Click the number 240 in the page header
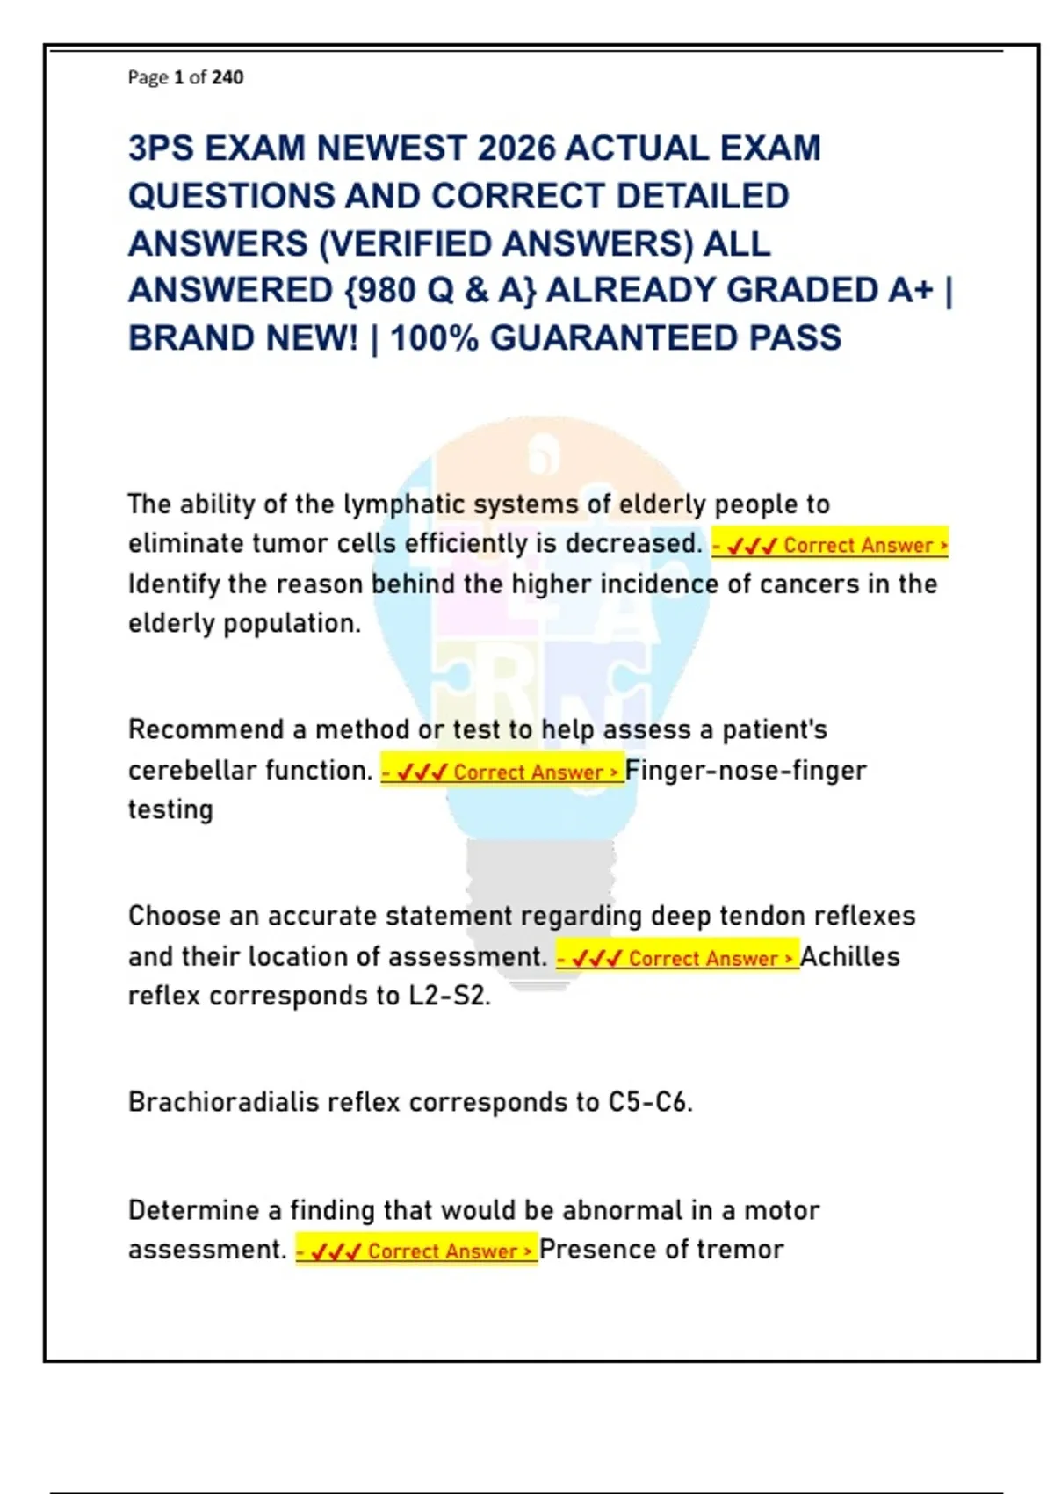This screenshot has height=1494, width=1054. [x=227, y=77]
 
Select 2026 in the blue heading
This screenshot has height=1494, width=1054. [x=512, y=149]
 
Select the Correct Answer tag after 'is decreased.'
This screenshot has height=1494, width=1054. [x=830, y=546]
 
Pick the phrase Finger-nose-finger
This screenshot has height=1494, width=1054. [x=746, y=771]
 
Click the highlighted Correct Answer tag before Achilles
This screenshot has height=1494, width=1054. [x=677, y=958]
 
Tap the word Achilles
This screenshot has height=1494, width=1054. [x=850, y=957]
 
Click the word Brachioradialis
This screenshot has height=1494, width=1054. [x=223, y=1102]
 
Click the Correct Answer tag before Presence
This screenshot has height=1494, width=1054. [x=416, y=1251]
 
